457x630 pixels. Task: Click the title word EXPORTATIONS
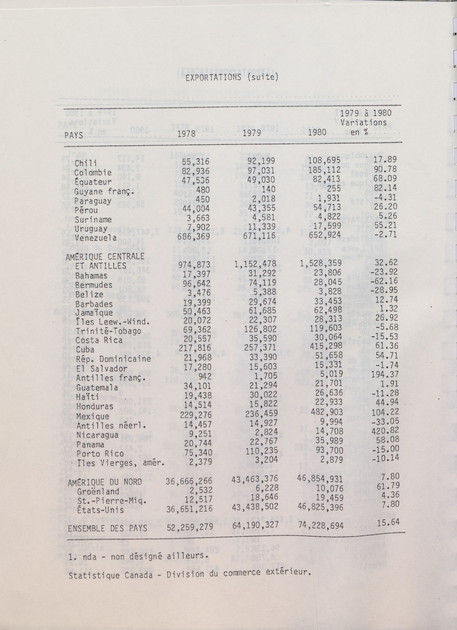coord(213,78)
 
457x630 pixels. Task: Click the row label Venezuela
coord(95,238)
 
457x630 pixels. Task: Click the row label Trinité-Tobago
coord(108,331)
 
